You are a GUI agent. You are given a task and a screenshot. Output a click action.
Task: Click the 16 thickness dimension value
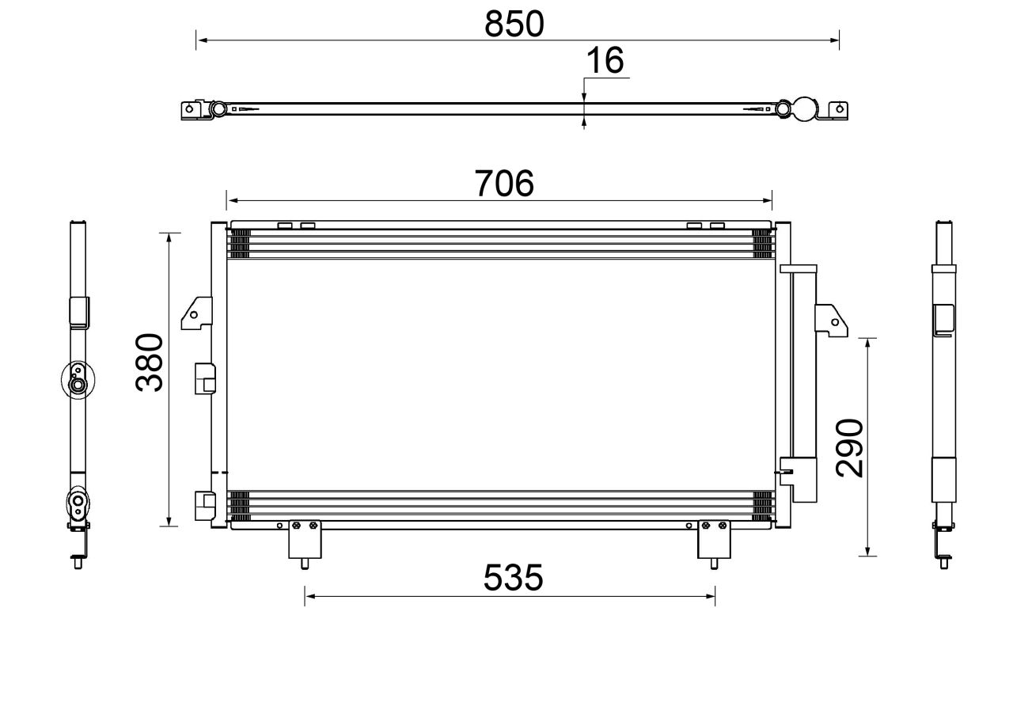pos(605,61)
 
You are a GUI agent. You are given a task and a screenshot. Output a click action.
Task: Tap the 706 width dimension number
pos(504,184)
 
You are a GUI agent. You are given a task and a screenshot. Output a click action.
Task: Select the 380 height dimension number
pos(150,363)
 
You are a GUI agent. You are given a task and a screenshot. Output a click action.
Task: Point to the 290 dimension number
pos(850,448)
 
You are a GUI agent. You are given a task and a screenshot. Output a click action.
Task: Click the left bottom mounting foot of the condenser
pos(305,542)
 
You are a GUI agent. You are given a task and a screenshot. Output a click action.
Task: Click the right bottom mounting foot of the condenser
pos(713,542)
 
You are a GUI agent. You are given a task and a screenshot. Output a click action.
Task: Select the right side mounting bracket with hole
pos(831,321)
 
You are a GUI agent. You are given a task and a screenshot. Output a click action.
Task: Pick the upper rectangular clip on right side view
pos(944,320)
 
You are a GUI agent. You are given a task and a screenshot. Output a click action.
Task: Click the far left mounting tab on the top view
pos(190,110)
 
